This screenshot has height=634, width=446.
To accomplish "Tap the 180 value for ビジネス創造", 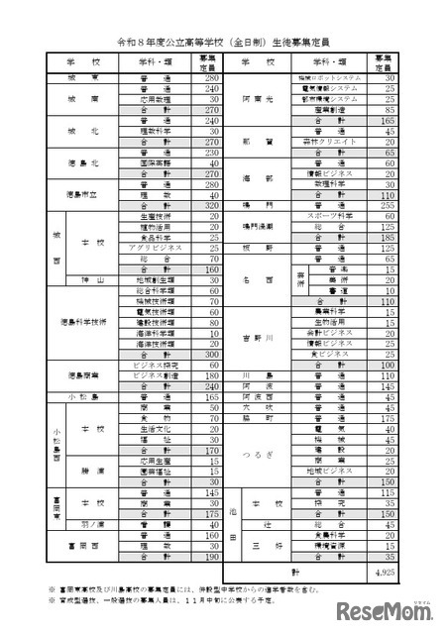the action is point(209,375).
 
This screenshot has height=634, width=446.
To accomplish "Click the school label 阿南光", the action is point(252,99).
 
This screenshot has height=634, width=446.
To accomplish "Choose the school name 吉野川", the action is point(252,337).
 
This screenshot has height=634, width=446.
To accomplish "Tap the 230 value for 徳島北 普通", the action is point(209,152).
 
